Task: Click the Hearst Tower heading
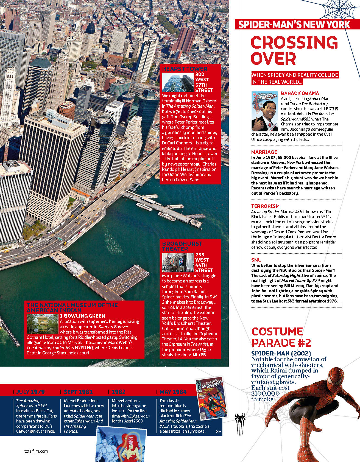click(185, 69)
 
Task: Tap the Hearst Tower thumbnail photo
click(178, 82)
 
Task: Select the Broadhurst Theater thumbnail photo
click(178, 262)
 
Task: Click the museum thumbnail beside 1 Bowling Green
click(42, 323)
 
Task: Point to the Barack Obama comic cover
click(265, 111)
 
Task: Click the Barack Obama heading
click(300, 93)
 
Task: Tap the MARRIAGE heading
click(264, 152)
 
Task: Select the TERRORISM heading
click(265, 206)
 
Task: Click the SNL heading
click(256, 260)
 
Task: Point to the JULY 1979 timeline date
click(30, 392)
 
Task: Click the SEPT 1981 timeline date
click(78, 392)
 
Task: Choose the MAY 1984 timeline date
click(173, 392)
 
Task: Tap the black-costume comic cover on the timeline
click(211, 397)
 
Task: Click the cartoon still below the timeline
click(121, 445)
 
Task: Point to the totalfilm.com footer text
click(36, 451)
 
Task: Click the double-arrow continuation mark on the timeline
click(218, 432)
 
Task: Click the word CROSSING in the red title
click(294, 43)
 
